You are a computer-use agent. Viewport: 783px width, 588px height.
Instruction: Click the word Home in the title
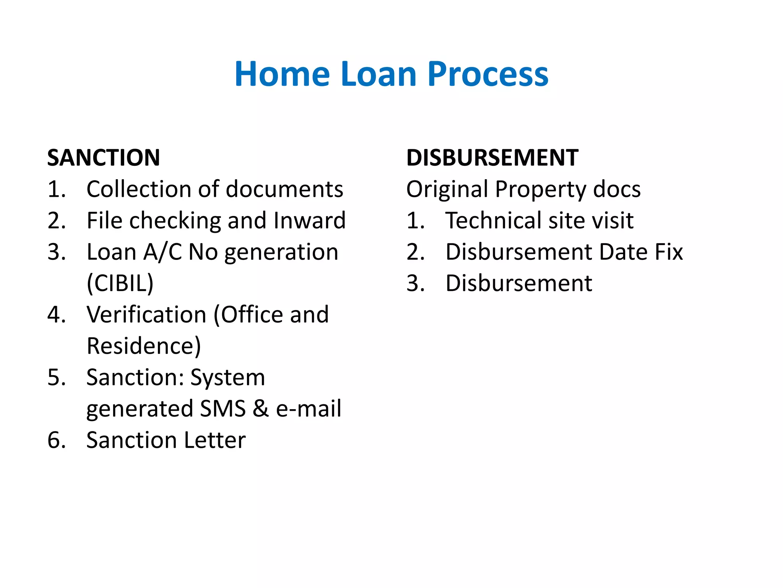tap(282, 74)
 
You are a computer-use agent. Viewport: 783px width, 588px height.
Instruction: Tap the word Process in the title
tap(488, 74)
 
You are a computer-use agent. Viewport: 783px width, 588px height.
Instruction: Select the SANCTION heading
tap(104, 158)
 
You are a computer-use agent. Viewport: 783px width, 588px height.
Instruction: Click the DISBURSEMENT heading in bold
tap(492, 158)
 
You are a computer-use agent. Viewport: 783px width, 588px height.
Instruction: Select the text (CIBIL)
tap(120, 283)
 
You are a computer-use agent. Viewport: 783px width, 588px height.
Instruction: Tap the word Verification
tap(146, 315)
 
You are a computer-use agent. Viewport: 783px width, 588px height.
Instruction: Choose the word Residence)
tap(143, 346)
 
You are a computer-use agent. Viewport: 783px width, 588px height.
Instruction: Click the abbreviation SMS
tap(223, 408)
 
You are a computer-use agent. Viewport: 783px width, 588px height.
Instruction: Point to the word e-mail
tap(309, 408)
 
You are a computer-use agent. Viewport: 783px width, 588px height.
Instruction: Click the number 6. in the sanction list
tap(57, 440)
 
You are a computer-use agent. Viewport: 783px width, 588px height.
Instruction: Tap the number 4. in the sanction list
tap(57, 315)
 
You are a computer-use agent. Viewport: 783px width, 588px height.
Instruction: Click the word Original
tap(447, 189)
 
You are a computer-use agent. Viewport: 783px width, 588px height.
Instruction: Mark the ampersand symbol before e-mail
tap(261, 408)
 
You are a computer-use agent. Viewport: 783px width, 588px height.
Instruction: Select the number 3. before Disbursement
tap(416, 283)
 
